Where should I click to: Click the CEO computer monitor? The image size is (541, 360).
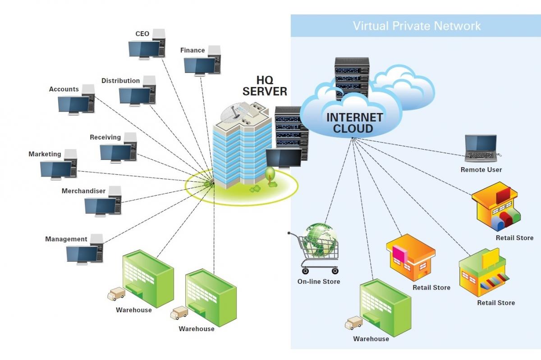(144, 50)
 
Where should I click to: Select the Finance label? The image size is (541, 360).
(193, 50)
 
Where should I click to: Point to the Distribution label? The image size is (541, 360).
(120, 80)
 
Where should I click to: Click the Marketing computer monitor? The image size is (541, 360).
(56, 170)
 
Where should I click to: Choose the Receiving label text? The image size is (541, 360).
(105, 137)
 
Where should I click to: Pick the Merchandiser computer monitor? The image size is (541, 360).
(100, 207)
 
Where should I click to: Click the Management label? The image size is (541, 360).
(66, 239)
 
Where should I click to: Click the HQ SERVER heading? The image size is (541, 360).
(265, 86)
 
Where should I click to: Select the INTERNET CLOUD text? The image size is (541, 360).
(354, 123)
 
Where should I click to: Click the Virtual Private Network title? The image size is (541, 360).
(417, 26)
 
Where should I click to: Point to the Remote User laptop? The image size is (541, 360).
(481, 148)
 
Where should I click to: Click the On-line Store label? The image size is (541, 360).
(319, 282)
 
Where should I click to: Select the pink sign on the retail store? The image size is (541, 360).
(399, 254)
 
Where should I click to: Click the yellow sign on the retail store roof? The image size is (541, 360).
(491, 258)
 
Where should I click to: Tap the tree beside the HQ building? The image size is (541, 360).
(270, 175)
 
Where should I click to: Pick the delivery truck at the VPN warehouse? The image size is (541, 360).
(353, 323)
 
